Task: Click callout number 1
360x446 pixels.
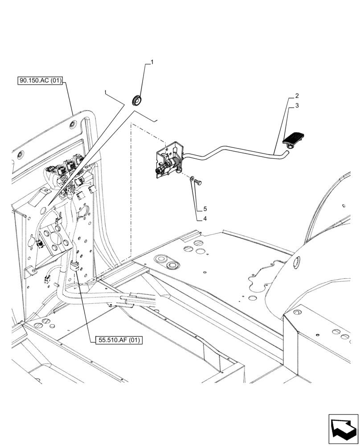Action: click(152, 63)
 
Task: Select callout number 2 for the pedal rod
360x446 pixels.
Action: click(296, 96)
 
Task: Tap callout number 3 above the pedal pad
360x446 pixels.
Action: click(296, 106)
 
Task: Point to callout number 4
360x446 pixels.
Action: click(205, 219)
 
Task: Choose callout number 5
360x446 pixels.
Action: click(205, 209)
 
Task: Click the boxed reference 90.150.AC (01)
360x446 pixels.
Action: click(41, 81)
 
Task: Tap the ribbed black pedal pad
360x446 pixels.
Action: click(294, 138)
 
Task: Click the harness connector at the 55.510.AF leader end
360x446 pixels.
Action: click(75, 267)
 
